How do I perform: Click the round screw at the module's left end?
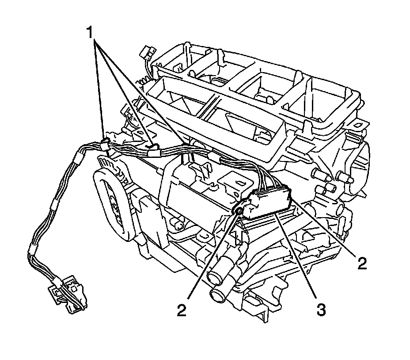coord(239,211)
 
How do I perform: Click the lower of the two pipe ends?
coord(219,295)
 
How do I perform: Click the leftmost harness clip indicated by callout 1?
coord(105,144)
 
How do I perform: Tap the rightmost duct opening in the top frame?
coord(329,102)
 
